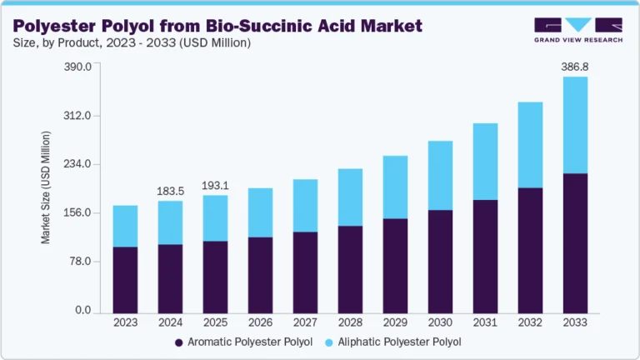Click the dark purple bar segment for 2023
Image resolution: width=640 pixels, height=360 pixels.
tap(125, 278)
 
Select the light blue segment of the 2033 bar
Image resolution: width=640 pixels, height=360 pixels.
tap(575, 125)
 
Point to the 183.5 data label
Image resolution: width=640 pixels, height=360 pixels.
tap(170, 191)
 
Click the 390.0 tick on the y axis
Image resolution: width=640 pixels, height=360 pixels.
tap(77, 67)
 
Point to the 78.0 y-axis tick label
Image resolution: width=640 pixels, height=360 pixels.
tap(79, 262)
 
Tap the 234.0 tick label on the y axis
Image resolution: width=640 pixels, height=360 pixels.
tap(77, 164)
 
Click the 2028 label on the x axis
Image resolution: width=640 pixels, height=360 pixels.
tap(350, 322)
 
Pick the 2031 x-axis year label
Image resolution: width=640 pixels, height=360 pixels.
tap(485, 322)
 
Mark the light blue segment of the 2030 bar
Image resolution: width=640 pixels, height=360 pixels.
tap(440, 175)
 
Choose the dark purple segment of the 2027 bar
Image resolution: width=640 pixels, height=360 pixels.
tap(305, 271)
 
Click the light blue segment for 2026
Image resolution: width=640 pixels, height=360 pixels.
tap(260, 212)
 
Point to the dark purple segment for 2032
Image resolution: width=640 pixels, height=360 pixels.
tap(530, 249)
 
